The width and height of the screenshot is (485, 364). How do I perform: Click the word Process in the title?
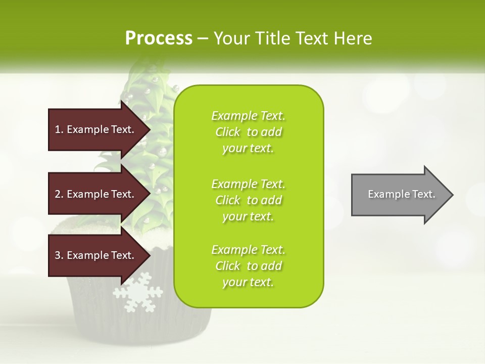click(x=159, y=38)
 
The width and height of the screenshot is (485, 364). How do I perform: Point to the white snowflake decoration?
click(x=138, y=292)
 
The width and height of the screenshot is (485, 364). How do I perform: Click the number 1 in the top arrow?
click(x=58, y=129)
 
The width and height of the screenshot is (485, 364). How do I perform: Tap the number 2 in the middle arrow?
click(x=58, y=194)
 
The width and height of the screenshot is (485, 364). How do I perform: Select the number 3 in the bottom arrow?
click(x=58, y=255)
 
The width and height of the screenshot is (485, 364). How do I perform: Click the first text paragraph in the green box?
click(x=248, y=132)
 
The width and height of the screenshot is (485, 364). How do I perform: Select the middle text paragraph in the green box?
click(x=248, y=200)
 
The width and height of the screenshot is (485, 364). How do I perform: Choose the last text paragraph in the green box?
click(x=248, y=266)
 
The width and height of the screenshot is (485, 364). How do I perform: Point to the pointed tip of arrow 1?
click(x=149, y=129)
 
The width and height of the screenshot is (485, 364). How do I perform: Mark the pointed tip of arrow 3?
click(x=149, y=255)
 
